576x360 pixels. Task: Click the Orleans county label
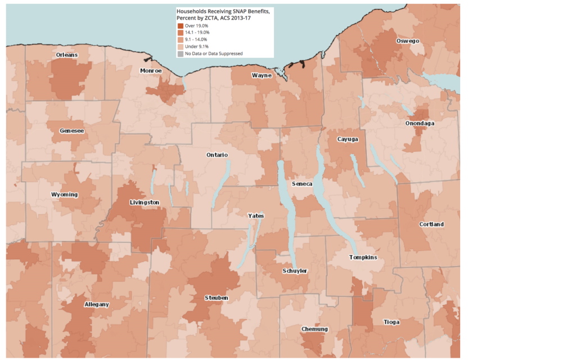[67, 55]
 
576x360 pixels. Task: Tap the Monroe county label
[151, 71]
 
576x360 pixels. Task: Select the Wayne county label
[262, 75]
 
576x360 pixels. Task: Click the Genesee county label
[71, 130]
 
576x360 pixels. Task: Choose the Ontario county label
[217, 155]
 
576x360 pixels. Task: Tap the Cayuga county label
[347, 139]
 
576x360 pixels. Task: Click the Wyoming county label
[64, 195]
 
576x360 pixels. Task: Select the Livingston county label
[144, 202]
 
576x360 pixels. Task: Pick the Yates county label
[255, 216]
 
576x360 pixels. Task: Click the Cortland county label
[431, 224]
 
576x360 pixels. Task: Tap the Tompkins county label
[363, 258]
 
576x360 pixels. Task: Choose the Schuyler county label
[295, 271]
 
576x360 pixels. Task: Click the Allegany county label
[97, 304]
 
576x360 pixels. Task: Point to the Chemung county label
[314, 329]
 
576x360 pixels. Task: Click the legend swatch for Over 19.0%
[180, 26]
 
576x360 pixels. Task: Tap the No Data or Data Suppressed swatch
[180, 53]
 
